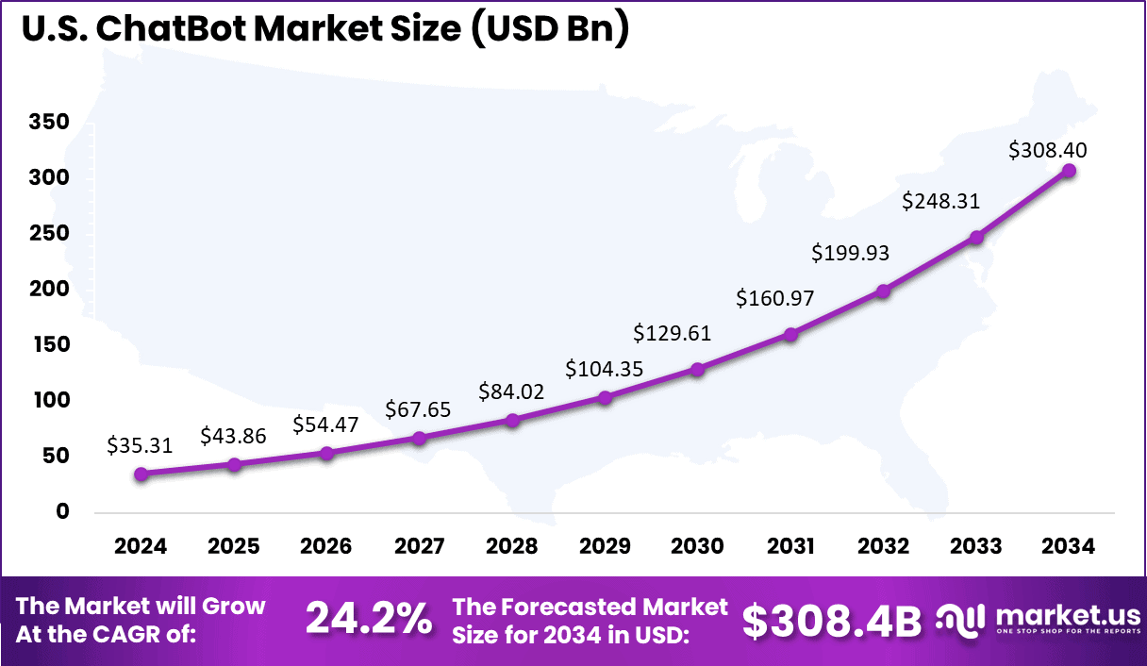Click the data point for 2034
1069,171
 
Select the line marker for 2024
141,475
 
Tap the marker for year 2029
605,398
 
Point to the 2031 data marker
790,334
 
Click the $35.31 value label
141,445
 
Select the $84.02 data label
512,391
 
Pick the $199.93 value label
851,253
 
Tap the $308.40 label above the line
1048,149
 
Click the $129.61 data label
673,333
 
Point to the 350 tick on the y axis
49,123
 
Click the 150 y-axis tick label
49,345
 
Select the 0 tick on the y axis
62,512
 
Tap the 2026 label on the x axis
326,547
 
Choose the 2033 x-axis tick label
976,547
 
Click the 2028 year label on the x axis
512,547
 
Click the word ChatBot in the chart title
167,31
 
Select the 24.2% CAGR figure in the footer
369,619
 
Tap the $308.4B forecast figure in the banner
831,620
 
